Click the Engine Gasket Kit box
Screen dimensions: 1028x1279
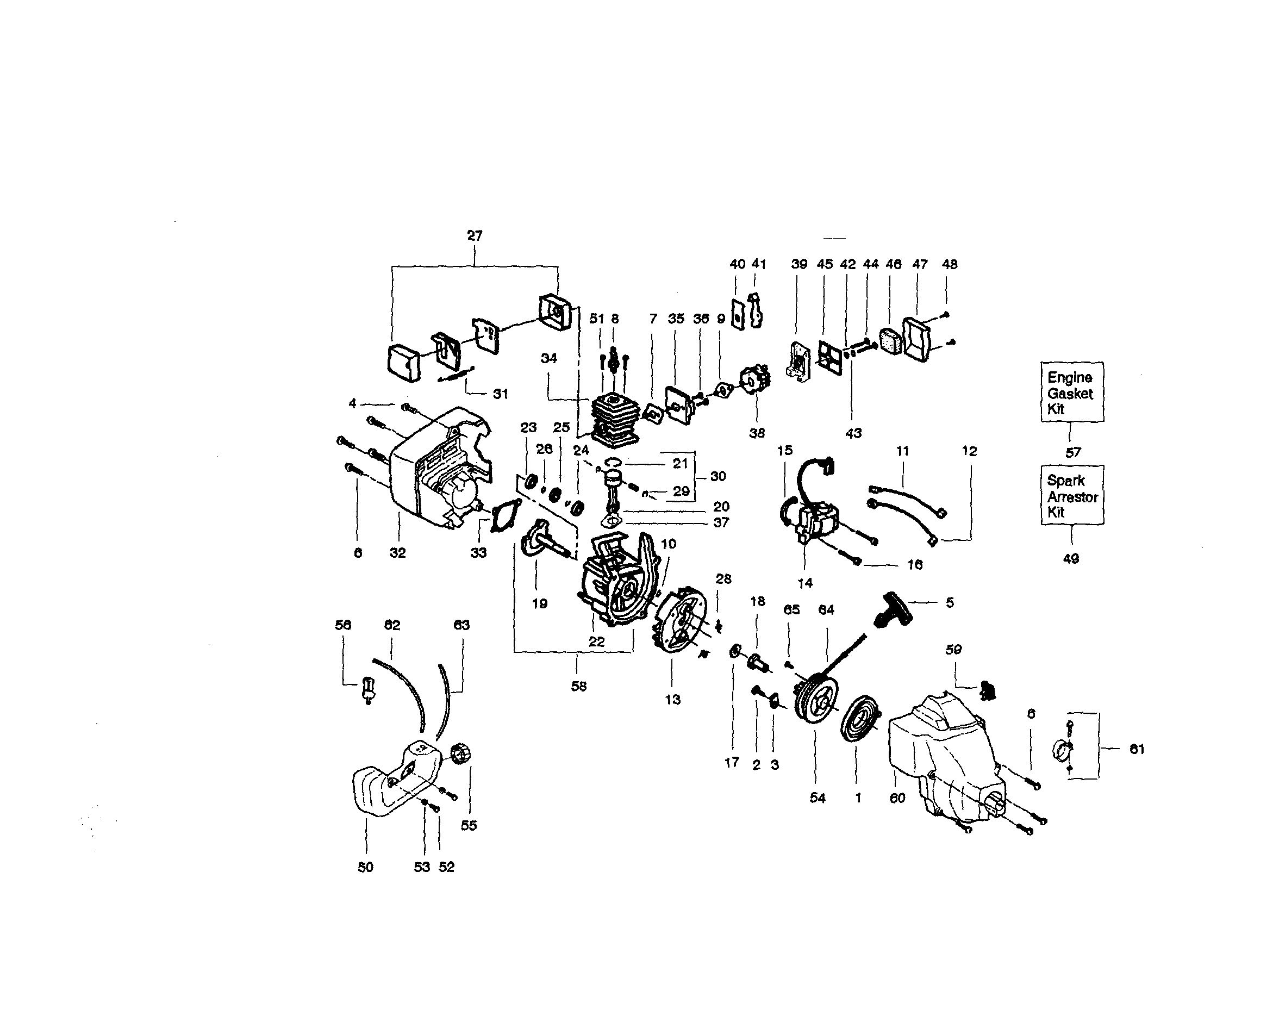pos(1072,392)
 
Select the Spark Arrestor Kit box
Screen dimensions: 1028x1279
pos(1072,496)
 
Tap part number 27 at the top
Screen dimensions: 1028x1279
pos(475,235)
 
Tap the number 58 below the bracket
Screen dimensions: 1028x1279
pos(578,686)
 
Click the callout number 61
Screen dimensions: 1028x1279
pos(1136,749)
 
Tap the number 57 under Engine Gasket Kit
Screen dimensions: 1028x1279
pos(1072,453)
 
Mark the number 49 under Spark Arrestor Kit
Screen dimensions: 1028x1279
pos(1071,558)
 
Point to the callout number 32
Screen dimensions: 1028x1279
pos(397,553)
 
